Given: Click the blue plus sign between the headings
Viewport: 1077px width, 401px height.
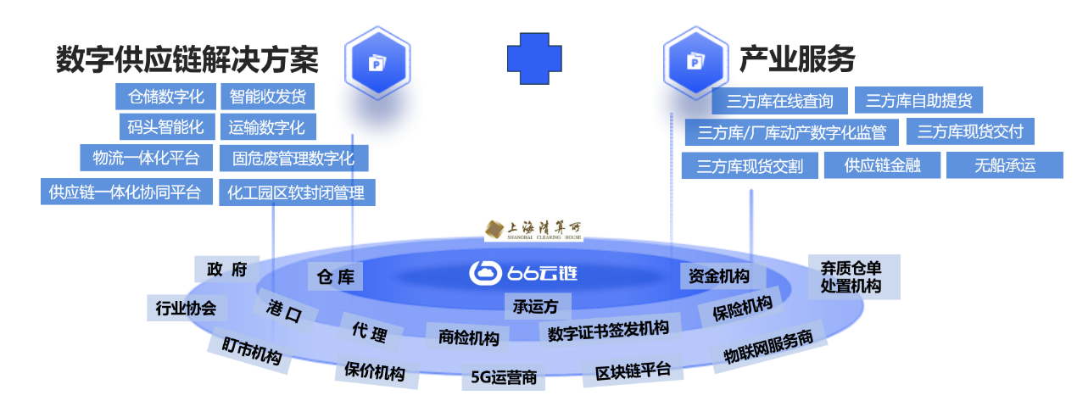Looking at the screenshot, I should coord(535,58).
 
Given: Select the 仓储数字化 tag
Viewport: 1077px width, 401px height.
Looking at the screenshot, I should coord(166,97).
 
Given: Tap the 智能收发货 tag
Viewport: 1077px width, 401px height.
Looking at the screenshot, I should coord(267,97).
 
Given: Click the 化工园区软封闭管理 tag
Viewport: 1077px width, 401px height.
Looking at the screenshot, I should coord(296,192).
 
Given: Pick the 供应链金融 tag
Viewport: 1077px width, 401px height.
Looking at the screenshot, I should coord(882,165).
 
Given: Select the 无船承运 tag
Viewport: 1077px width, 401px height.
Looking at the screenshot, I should coord(1004,165).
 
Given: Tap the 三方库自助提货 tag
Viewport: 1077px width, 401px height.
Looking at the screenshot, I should coord(918,101).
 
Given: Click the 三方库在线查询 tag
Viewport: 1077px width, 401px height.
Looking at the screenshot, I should coord(779,102).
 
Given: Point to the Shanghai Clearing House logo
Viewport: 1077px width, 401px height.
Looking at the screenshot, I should coord(533,230).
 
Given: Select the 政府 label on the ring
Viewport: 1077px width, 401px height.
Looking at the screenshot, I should coord(226,270).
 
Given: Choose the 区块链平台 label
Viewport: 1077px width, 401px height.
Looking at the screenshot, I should coord(633,370).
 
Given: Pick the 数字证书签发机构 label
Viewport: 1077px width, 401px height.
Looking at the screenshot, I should coord(608,329).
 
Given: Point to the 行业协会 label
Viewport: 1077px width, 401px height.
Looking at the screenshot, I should coord(186,308).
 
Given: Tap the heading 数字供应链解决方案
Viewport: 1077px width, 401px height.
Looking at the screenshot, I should coord(187,59).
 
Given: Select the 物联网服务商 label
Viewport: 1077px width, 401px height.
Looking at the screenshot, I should coord(768,347).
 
